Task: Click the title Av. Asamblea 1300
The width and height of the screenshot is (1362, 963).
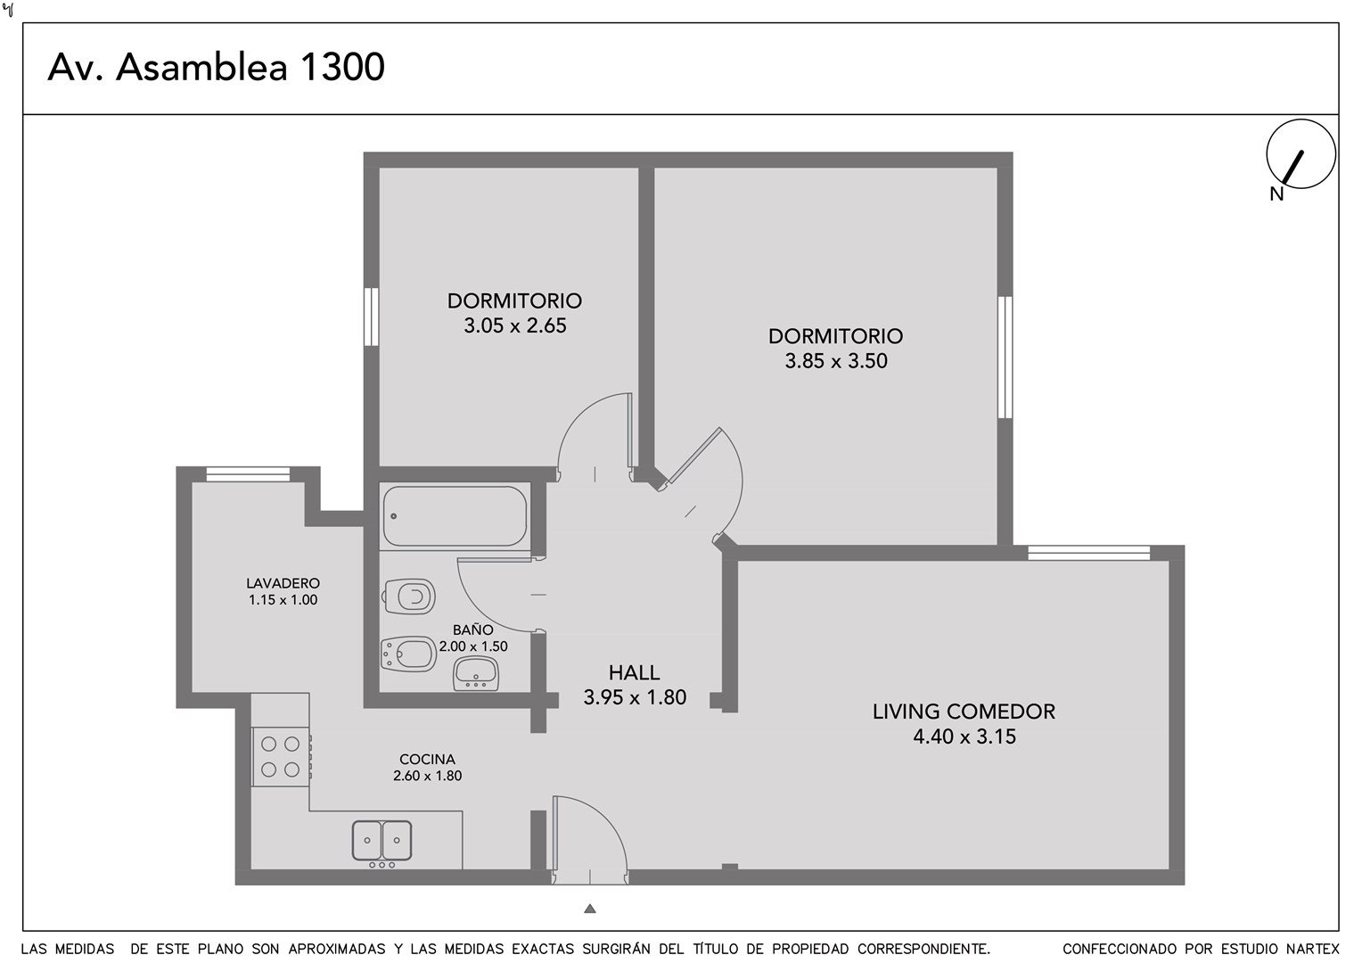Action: click(x=216, y=67)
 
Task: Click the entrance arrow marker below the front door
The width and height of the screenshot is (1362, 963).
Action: click(x=590, y=909)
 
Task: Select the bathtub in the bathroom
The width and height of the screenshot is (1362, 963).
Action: click(x=455, y=516)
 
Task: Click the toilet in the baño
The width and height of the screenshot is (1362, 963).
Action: click(x=409, y=597)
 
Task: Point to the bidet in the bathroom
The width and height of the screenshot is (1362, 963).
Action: click(x=408, y=654)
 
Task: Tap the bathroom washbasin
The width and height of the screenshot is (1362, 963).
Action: click(x=476, y=673)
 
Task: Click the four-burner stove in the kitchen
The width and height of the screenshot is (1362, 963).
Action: click(x=282, y=757)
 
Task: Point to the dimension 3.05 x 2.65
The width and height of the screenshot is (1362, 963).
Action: click(x=515, y=325)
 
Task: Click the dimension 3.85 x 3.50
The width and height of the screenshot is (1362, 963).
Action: click(x=836, y=361)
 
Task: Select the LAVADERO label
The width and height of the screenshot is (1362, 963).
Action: click(x=283, y=583)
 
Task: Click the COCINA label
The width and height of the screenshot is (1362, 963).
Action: click(x=428, y=759)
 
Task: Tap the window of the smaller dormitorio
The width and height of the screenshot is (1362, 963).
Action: click(x=371, y=317)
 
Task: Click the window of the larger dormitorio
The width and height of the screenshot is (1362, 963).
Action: click(x=1005, y=357)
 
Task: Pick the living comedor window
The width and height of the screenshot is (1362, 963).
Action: click(x=1089, y=553)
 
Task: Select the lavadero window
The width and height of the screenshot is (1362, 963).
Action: click(x=248, y=473)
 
